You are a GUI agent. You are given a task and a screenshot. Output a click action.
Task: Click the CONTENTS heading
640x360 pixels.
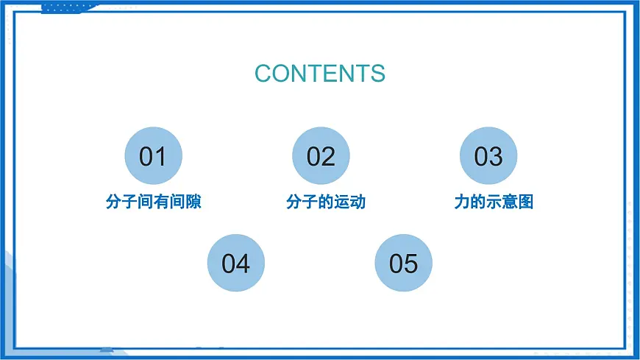coord(320,74)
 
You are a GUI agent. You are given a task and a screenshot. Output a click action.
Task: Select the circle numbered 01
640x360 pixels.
coord(153,156)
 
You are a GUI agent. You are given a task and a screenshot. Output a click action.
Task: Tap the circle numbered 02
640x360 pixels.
coord(321,156)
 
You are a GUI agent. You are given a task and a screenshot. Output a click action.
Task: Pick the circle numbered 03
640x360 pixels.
coord(488,156)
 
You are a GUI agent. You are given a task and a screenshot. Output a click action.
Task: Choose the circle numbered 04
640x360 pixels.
coord(236,263)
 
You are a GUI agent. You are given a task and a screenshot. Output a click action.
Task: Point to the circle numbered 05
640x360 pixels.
coord(404,263)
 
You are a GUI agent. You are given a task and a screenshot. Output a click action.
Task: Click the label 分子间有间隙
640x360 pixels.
coord(153,202)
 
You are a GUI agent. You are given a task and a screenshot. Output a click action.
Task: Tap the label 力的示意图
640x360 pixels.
coord(494,202)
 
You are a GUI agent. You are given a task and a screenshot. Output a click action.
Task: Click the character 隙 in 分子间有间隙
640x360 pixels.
coord(193,202)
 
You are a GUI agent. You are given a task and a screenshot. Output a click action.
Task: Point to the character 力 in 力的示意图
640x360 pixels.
coord(462,202)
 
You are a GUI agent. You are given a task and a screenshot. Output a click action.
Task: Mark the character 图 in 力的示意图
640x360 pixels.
coord(525,202)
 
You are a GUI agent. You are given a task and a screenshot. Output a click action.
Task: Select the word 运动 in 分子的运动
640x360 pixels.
coord(349,202)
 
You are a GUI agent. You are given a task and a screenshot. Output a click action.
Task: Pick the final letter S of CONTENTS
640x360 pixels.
coord(377,74)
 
